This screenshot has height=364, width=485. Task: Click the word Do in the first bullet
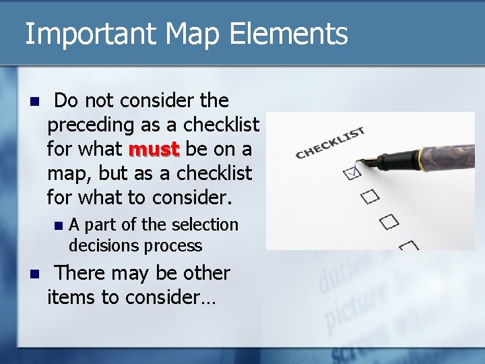66,101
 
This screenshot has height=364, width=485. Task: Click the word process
178,245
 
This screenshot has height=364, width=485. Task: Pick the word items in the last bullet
71,297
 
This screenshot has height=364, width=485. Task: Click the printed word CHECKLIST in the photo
329,143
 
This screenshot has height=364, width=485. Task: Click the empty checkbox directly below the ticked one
370,197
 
